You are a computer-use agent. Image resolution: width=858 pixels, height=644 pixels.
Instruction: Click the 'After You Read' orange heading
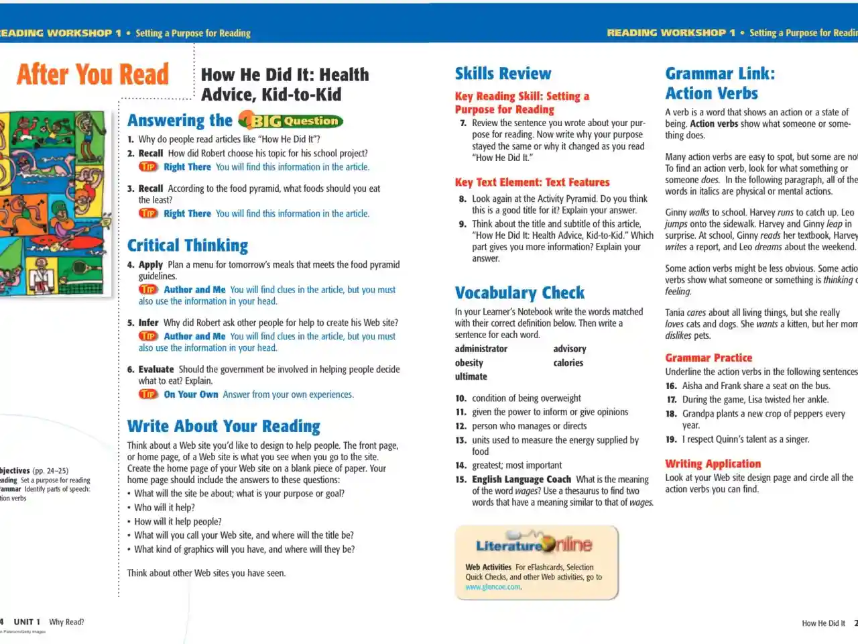click(x=93, y=74)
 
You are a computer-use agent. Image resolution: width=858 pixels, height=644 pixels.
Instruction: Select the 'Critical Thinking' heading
click(x=188, y=246)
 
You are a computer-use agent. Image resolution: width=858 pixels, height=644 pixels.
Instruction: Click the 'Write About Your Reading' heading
click(x=224, y=427)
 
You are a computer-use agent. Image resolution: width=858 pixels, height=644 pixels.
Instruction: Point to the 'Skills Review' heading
click(x=503, y=74)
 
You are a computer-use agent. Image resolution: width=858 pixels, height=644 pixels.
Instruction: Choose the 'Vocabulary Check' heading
click(x=519, y=293)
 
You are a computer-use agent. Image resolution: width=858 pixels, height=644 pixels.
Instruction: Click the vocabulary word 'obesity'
click(x=469, y=363)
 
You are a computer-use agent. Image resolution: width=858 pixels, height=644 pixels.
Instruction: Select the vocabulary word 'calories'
click(x=568, y=363)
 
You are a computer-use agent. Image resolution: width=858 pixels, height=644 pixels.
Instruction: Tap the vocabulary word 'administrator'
click(x=481, y=349)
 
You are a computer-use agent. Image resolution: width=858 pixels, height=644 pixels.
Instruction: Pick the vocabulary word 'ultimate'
click(x=471, y=377)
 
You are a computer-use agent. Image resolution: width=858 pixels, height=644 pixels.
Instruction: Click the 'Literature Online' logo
click(x=534, y=545)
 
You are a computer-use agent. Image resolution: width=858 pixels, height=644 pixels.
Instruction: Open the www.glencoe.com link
click(x=493, y=587)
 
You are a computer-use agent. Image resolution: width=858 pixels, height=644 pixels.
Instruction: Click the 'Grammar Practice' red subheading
click(x=709, y=358)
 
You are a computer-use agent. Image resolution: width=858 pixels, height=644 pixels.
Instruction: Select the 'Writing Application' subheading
click(x=713, y=464)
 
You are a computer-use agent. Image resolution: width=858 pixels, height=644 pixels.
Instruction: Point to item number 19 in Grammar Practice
click(x=671, y=439)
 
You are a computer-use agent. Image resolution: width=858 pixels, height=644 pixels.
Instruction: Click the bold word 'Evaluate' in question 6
click(x=156, y=370)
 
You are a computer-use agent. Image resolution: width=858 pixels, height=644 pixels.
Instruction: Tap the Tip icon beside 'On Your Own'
click(x=148, y=394)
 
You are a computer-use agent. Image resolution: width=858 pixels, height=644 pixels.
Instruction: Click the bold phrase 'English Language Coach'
click(x=522, y=480)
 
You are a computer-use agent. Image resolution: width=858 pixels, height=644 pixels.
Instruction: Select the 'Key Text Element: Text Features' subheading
click(x=532, y=182)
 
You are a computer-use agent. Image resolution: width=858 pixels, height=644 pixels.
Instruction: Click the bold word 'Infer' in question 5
click(x=149, y=323)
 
